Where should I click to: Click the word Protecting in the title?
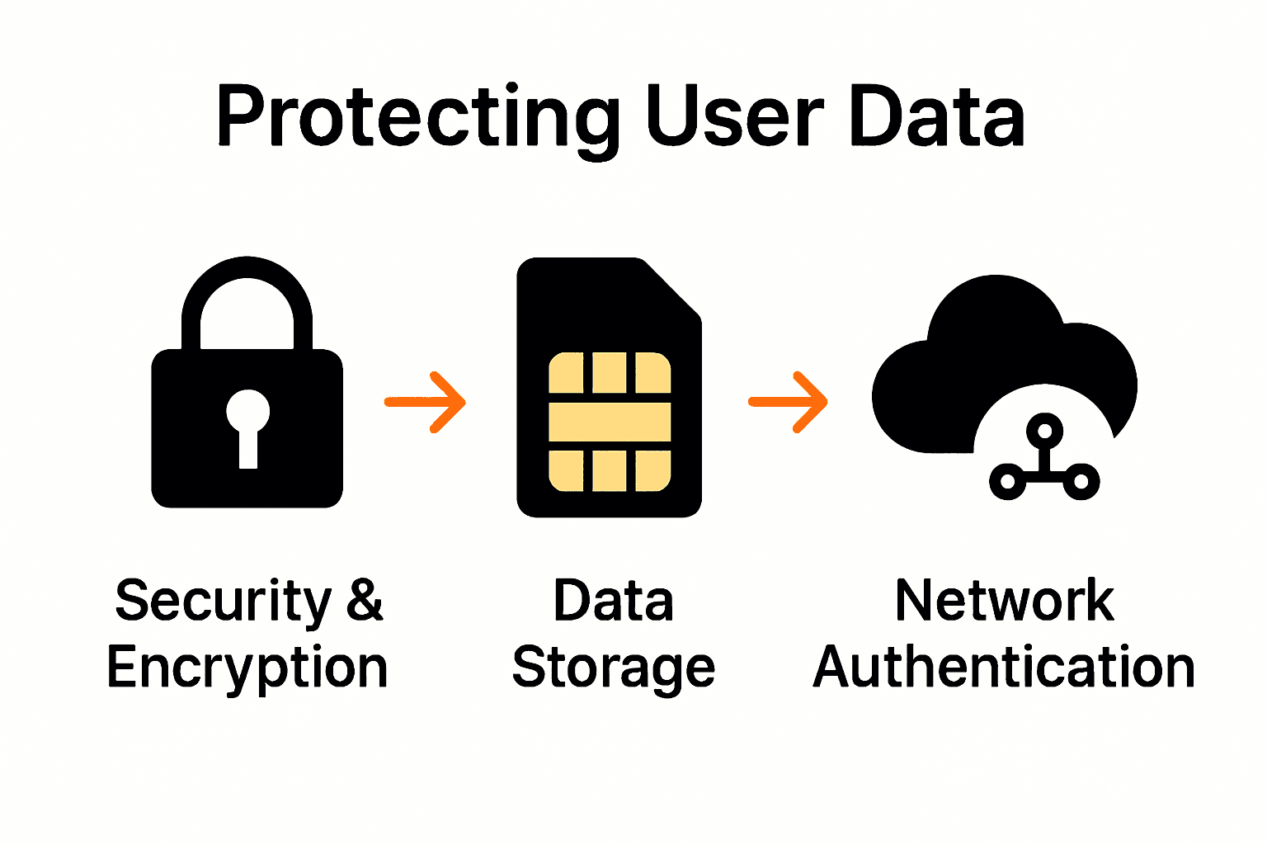point(417,117)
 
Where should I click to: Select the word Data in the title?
point(936,117)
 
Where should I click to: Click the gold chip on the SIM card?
point(610,422)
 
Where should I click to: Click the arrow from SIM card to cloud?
point(789,402)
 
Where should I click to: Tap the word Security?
point(223,601)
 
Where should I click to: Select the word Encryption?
point(247,668)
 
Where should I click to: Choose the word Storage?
point(614,668)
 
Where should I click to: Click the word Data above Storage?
point(614,601)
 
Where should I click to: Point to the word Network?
point(1004,600)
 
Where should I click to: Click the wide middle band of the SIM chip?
point(610,422)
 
